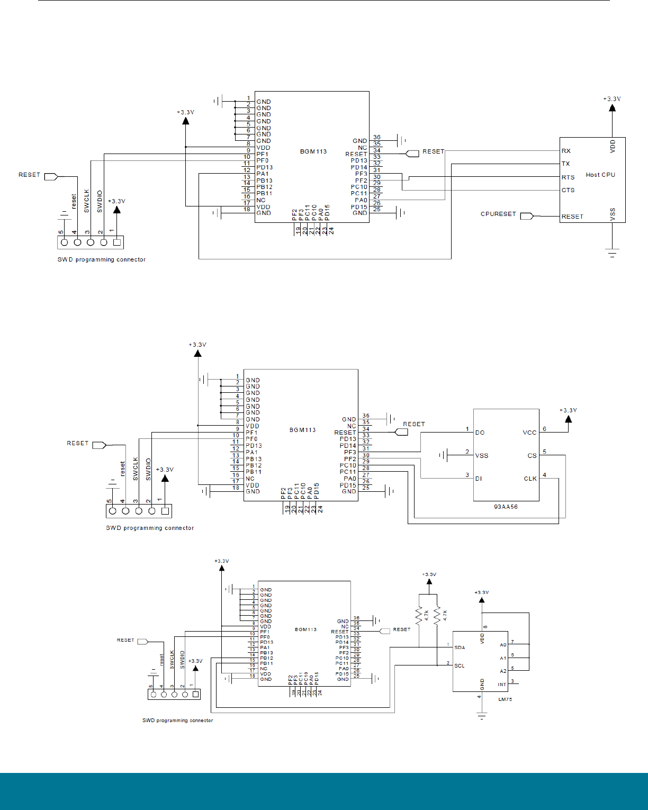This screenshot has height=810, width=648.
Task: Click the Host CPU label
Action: coord(600,175)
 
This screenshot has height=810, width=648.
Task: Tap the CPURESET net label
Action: coord(498,214)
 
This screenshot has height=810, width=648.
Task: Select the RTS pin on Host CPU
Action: coord(568,177)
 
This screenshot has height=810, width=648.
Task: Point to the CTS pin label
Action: coord(568,190)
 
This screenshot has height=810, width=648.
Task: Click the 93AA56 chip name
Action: coord(506,507)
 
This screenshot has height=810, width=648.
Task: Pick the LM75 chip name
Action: coord(505,699)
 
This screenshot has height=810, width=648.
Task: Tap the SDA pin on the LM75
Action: coord(460,647)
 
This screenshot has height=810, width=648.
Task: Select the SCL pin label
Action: coord(460,665)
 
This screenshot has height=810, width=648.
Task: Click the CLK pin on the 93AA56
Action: coord(530,479)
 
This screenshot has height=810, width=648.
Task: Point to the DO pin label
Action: coord(480,433)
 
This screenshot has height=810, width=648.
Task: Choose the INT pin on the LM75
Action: coord(502,685)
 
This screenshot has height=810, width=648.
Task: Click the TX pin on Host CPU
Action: coord(566,164)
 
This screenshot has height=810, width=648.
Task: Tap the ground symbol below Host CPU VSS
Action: coord(613,253)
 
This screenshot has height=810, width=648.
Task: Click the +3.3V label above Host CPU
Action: coord(612,99)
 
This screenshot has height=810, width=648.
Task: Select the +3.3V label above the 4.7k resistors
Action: coord(429,574)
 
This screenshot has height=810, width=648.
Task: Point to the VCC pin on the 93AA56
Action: coord(529,433)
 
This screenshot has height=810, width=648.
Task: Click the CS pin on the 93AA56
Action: coord(532,455)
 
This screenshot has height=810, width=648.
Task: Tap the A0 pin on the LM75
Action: coord(503,645)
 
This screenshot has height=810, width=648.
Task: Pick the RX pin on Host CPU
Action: coord(566,151)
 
